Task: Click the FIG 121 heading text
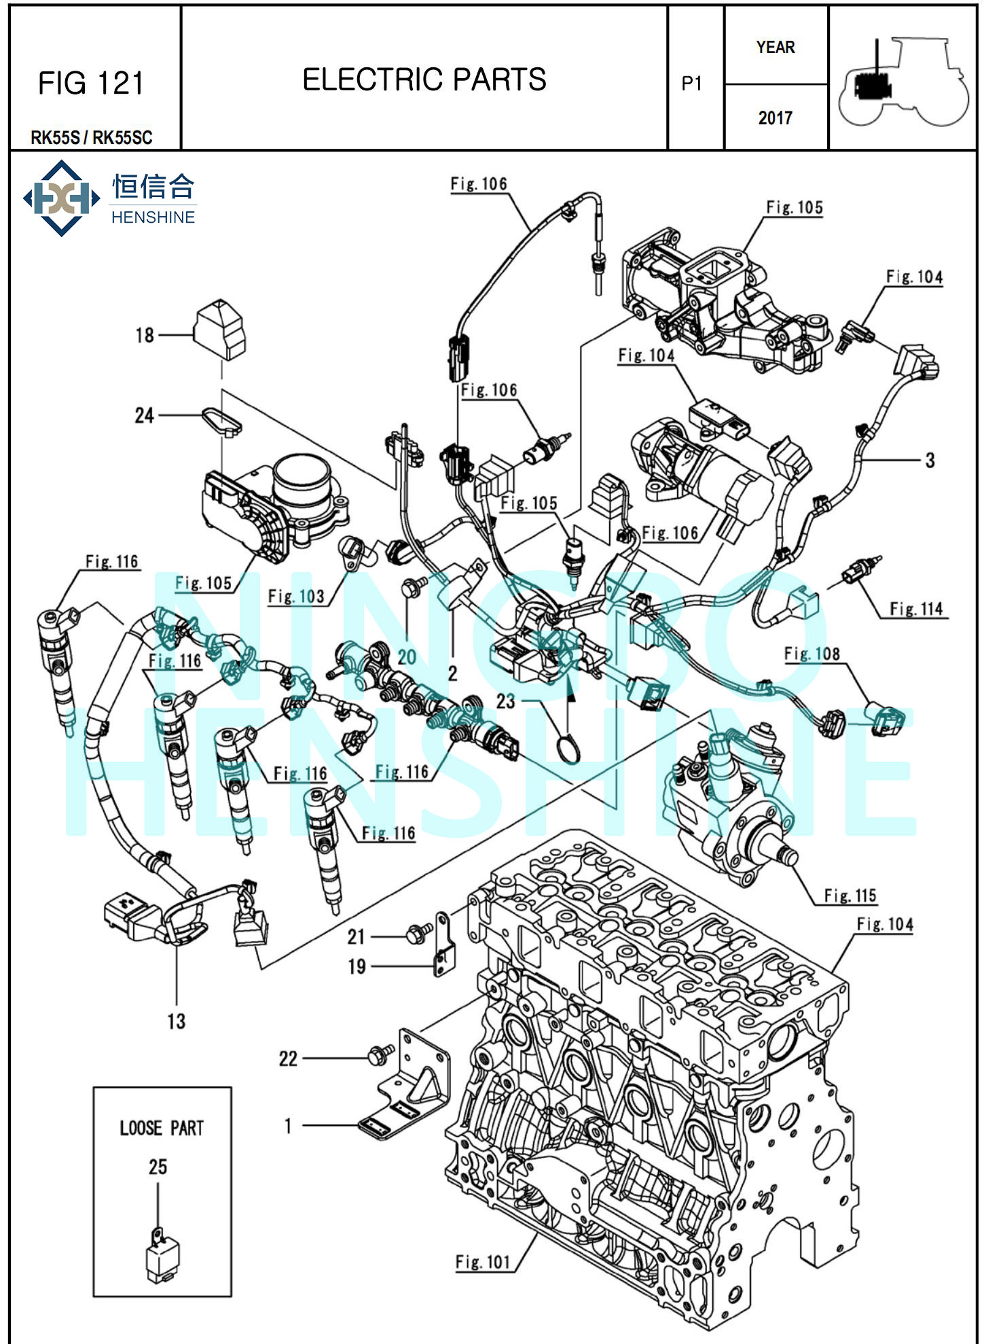pos(90,84)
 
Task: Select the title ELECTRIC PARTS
pos(424,79)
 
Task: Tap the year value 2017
pos(775,118)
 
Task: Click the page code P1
pos(691,84)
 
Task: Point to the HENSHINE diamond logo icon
pos(62,198)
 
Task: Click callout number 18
pos(145,335)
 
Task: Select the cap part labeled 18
pos(220,329)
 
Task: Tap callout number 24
pos(144,415)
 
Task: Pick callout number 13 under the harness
pos(176,1021)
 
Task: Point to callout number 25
pos(158,1167)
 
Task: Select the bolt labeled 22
pos(380,1055)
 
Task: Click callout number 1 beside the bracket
pos(288,1126)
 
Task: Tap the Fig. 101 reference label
pos(482,1262)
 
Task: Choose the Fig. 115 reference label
pos(850,896)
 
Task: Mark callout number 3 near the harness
pos(930,461)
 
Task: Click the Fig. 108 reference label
pos(812,654)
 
